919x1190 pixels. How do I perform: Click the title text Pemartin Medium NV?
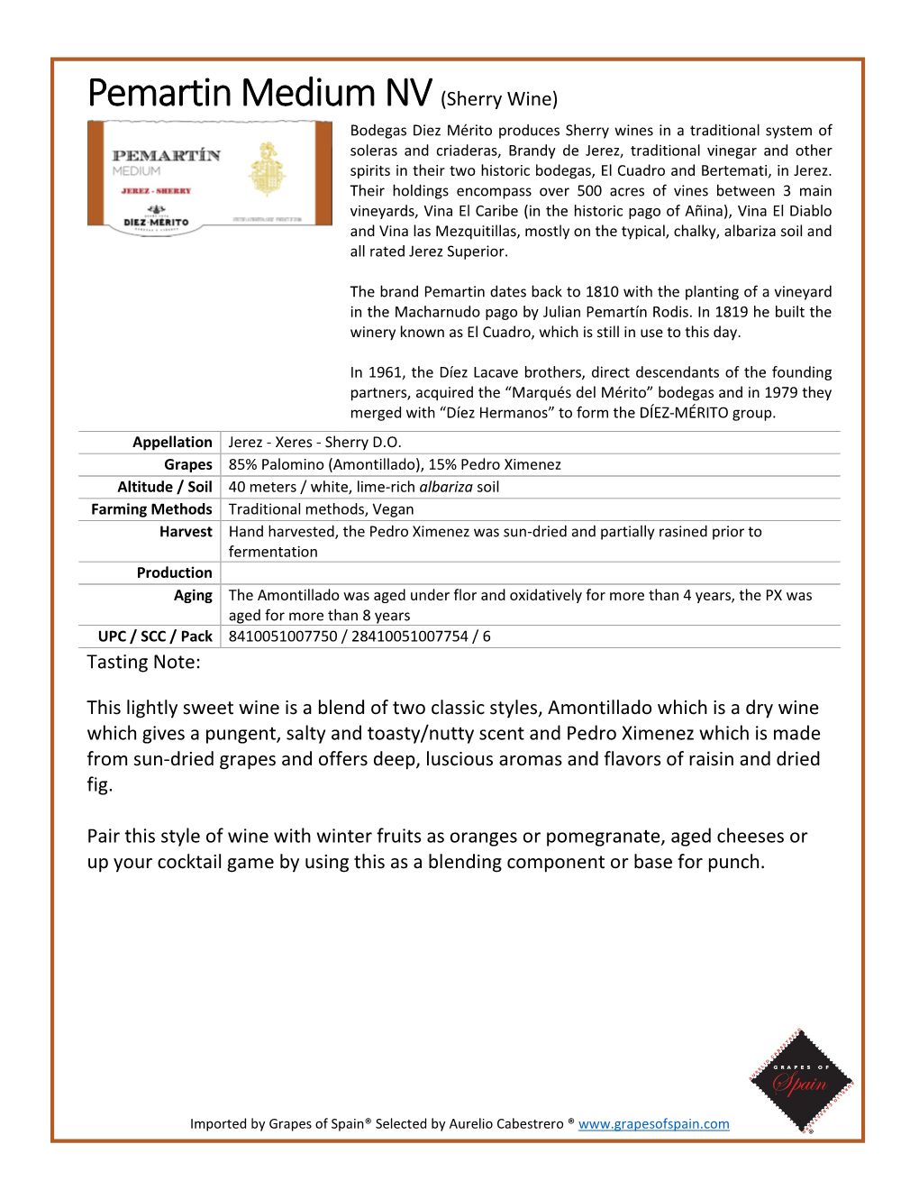pos(259,93)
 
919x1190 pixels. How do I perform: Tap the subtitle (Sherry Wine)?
pos(499,98)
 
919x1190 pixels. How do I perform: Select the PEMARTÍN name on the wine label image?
pos(166,155)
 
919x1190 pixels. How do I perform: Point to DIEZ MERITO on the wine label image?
pos(156,222)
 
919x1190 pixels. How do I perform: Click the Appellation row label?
pos(172,442)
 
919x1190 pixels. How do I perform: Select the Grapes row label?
pos(187,464)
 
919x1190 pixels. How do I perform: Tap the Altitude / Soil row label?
pos(165,487)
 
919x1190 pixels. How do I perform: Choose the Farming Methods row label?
pos(151,509)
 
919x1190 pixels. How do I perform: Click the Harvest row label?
pos(186,532)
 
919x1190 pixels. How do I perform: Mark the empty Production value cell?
pos(530,572)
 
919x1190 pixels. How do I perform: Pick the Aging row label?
pos(193,595)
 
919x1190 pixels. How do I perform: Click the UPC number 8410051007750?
pos(283,636)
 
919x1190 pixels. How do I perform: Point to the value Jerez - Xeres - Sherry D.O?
pos(314,442)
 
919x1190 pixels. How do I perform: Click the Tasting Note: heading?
pos(144,662)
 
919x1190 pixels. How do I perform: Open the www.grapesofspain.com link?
pos(653,1123)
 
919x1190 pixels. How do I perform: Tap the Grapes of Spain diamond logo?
pos(800,1080)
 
